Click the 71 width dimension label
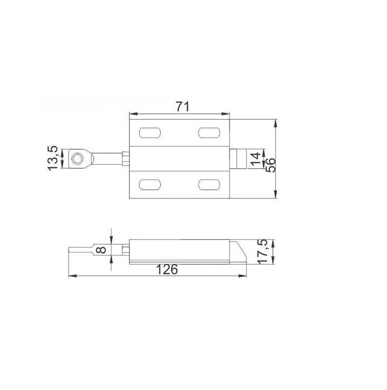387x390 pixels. tap(183, 106)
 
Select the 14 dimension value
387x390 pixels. tap(255, 159)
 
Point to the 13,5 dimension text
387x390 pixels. tap(53, 159)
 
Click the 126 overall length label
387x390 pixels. tap(167, 269)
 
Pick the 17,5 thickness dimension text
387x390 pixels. tap(263, 252)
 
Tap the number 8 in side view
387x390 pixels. tap(101, 249)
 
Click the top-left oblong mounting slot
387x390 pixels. tap(150, 133)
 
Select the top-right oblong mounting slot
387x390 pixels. tap(209, 133)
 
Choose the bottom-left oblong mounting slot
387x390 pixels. tap(150, 184)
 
